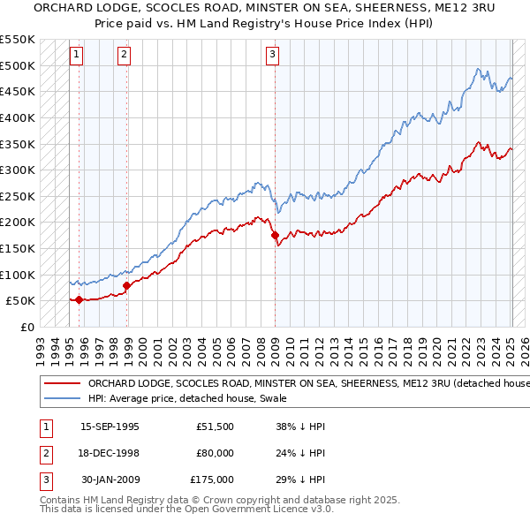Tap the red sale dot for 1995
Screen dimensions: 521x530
coord(79,299)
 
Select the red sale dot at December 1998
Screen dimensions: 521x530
coord(126,285)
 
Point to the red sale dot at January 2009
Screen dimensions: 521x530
coord(275,235)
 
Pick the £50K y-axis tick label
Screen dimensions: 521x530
coord(20,301)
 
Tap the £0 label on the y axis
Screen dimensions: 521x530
coord(26,327)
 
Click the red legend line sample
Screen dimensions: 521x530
coord(62,384)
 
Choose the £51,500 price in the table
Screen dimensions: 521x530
coord(215,426)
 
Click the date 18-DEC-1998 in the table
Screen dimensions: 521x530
coord(110,453)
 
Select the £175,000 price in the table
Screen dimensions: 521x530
coord(212,479)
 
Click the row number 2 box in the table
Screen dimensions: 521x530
coord(43,453)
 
